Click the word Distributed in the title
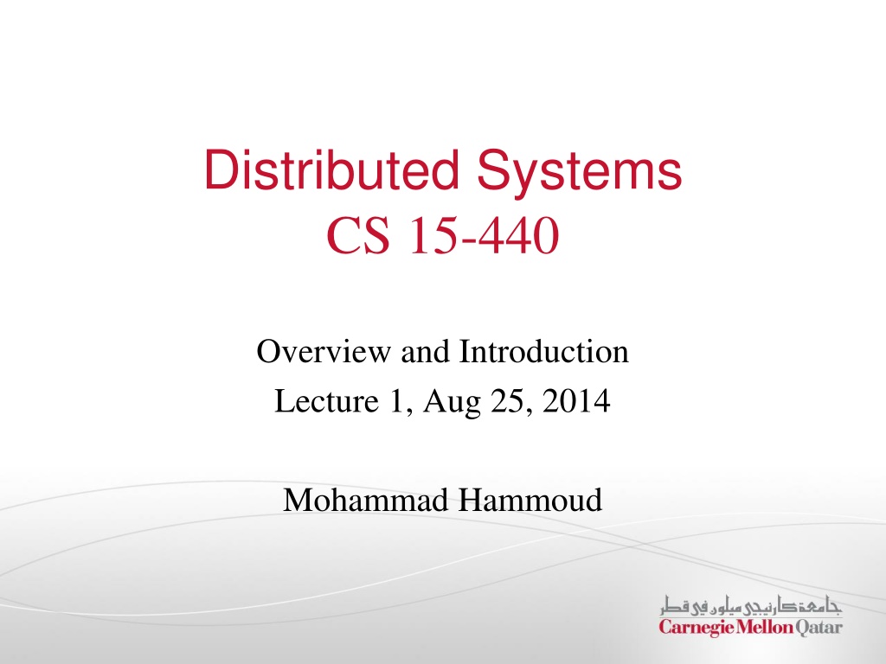331,169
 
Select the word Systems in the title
580,173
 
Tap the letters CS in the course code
358,235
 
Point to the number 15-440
483,235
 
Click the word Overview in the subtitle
324,351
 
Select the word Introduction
544,351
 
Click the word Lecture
326,401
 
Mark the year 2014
576,401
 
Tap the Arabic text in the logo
752,606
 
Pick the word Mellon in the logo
764,627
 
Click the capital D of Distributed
220,169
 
